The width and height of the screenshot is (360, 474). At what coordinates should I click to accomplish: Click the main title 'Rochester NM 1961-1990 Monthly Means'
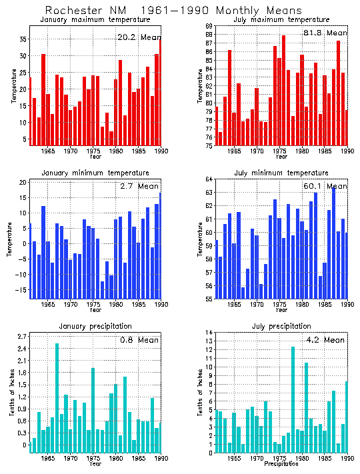(x=173, y=11)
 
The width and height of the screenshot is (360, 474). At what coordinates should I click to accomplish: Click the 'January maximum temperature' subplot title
(x=94, y=20)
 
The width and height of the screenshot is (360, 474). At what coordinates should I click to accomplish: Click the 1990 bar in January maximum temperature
(x=159, y=92)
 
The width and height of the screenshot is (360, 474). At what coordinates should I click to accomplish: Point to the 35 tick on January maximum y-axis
(x=21, y=39)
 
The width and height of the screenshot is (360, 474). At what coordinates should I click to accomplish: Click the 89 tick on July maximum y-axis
(x=207, y=26)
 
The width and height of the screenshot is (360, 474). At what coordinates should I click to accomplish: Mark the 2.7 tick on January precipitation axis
(x=21, y=336)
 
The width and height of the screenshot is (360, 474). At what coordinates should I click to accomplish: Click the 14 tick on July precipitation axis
(x=209, y=332)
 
